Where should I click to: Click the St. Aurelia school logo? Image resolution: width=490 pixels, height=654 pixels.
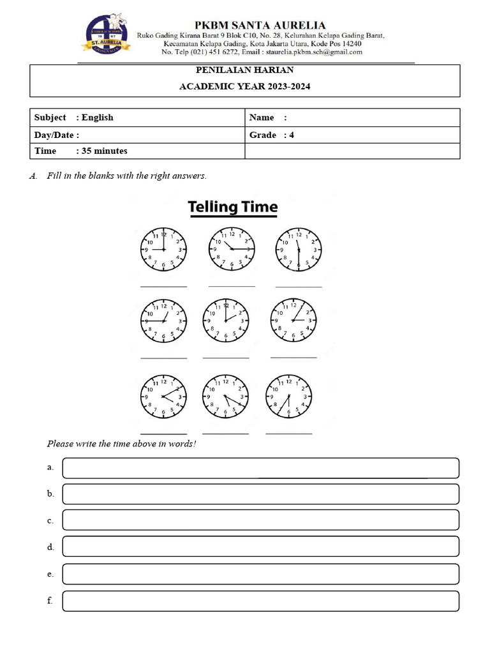[106, 35]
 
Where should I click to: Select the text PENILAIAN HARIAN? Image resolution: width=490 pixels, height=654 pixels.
[245, 70]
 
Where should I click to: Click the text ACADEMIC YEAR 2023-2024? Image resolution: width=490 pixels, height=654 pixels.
[245, 87]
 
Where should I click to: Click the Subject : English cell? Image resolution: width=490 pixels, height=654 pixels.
[137, 118]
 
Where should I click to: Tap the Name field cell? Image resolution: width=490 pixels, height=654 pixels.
[352, 118]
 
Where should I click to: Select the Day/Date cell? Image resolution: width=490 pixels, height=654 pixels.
[137, 135]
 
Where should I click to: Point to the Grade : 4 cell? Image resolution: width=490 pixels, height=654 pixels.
[352, 135]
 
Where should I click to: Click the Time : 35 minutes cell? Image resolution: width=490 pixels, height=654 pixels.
[137, 151]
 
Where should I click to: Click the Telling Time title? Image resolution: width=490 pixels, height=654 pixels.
[232, 207]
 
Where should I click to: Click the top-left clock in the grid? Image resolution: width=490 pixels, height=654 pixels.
[163, 249]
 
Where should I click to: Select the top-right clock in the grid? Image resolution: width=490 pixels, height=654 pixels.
[298, 249]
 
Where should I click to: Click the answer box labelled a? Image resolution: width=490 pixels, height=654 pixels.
[260, 468]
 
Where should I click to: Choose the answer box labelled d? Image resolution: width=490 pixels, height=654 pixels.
[260, 547]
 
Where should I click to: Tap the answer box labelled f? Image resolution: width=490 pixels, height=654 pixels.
[260, 601]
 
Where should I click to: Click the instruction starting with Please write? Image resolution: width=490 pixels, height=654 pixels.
[121, 443]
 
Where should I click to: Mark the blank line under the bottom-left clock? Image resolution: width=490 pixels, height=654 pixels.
[163, 434]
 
